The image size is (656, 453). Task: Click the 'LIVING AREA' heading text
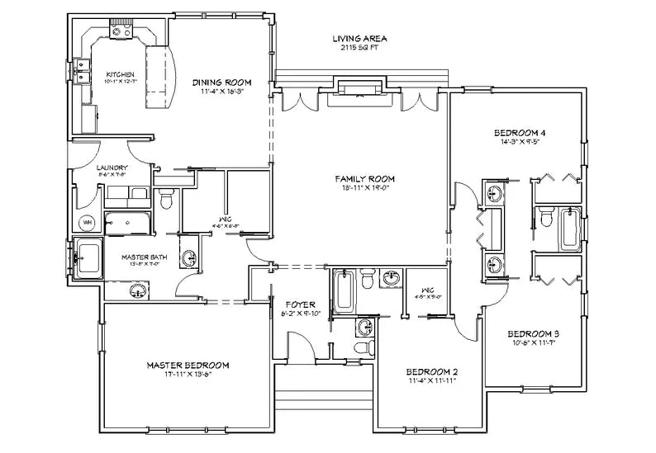(359, 39)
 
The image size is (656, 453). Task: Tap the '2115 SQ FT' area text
(359, 49)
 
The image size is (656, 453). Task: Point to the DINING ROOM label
(221, 83)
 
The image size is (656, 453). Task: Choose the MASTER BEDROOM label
(188, 365)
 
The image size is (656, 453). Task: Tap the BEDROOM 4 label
(520, 133)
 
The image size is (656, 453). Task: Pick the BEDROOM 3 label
(533, 333)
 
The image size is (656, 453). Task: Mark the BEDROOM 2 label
(432, 372)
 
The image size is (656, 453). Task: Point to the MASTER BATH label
(145, 257)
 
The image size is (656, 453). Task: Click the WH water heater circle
(87, 223)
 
